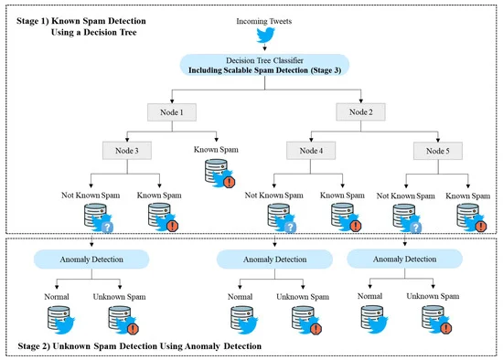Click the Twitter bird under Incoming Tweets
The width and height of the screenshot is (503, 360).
click(x=265, y=36)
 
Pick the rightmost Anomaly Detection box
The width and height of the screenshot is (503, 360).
click(x=403, y=259)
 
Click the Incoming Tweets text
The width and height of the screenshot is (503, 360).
click(x=265, y=18)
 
